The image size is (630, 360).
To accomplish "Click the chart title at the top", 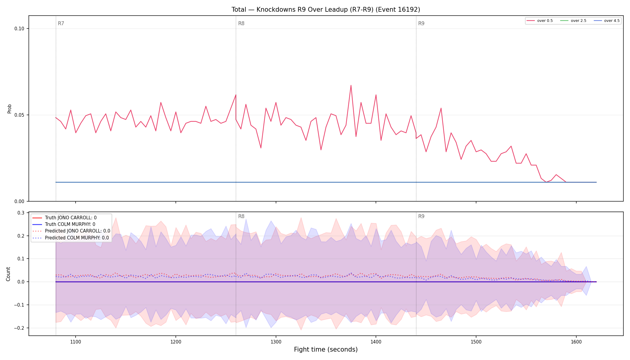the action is [325, 10].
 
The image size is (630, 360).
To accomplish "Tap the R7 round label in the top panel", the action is [61, 23].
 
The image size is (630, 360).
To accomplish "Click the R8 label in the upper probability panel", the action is [241, 23].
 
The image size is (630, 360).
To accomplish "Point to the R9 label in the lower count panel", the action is [421, 216].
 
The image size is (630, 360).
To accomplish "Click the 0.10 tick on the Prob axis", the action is [19, 29].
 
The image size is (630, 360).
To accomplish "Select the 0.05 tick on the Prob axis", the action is [19, 115].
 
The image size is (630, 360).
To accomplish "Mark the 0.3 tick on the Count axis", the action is [21, 213].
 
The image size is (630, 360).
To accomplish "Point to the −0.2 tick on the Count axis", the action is [19, 328].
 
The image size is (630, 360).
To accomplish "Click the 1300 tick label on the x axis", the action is [276, 342].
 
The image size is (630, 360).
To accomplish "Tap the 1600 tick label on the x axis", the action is [576, 342].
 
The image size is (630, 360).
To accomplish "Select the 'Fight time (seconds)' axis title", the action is [326, 349].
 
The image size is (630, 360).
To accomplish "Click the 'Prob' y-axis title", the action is [9, 109].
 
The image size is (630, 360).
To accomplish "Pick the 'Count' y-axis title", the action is [8, 274].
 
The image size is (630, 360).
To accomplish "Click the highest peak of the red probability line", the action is [351, 85].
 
